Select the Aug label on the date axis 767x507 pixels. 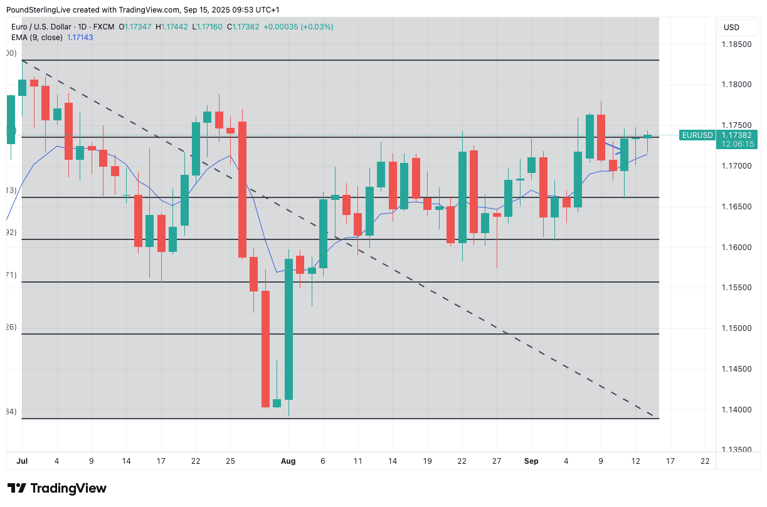point(288,461)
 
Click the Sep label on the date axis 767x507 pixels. point(531,461)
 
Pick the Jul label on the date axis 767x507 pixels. point(22,461)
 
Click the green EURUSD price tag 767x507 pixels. point(697,135)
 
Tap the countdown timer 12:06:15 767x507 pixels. point(738,144)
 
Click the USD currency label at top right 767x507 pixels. point(731,28)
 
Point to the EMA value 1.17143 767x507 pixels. point(80,38)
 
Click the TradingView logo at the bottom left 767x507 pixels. point(57,488)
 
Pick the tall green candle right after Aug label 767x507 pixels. point(288,329)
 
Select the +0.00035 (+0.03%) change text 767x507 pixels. point(299,27)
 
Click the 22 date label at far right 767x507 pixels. point(705,461)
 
